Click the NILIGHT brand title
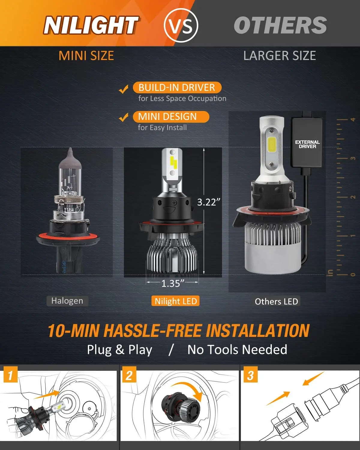[x=91, y=25]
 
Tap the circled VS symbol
[x=181, y=25]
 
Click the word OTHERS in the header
[x=280, y=25]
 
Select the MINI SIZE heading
[x=86, y=56]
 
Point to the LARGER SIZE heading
[x=279, y=56]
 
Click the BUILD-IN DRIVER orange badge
[x=177, y=88]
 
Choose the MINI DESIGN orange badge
[x=170, y=117]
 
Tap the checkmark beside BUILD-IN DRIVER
[x=123, y=89]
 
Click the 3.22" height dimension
[x=208, y=202]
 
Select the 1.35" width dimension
[x=172, y=283]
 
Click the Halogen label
[x=67, y=301]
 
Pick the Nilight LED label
[x=176, y=301]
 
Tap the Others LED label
[x=276, y=301]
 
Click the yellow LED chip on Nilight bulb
[x=173, y=162]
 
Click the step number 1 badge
[x=10, y=375]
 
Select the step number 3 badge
[x=250, y=375]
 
